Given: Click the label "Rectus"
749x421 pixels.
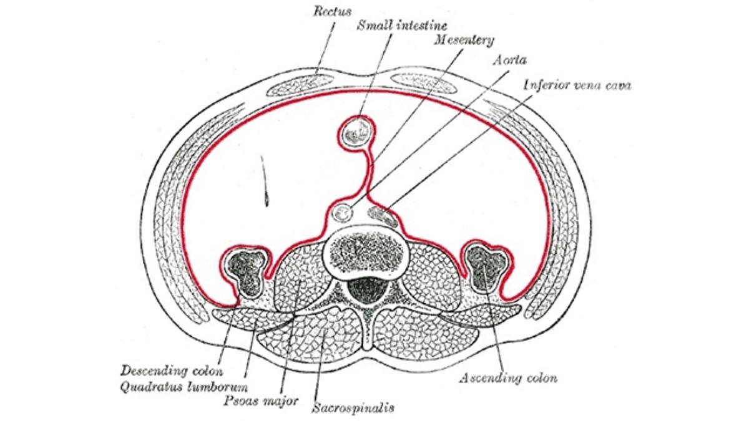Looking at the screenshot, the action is (332, 12).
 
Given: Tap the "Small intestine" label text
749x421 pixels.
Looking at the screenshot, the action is (402, 26).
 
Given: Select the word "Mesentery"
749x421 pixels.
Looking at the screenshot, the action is (464, 41).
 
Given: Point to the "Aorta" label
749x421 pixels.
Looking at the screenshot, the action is (510, 60).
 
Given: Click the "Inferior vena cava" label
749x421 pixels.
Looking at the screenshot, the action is (577, 85).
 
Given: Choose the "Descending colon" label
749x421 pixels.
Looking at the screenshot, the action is (172, 371).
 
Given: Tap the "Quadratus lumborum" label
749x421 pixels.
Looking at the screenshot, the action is (184, 387).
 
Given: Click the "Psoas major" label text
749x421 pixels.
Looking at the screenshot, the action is (261, 400).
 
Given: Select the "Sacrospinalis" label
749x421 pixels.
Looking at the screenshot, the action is (353, 408).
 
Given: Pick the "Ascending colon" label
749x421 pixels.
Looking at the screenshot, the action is (508, 378).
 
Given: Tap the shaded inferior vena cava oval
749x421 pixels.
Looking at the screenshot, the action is (383, 216).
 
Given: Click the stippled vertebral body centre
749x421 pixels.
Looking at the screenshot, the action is (366, 252).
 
